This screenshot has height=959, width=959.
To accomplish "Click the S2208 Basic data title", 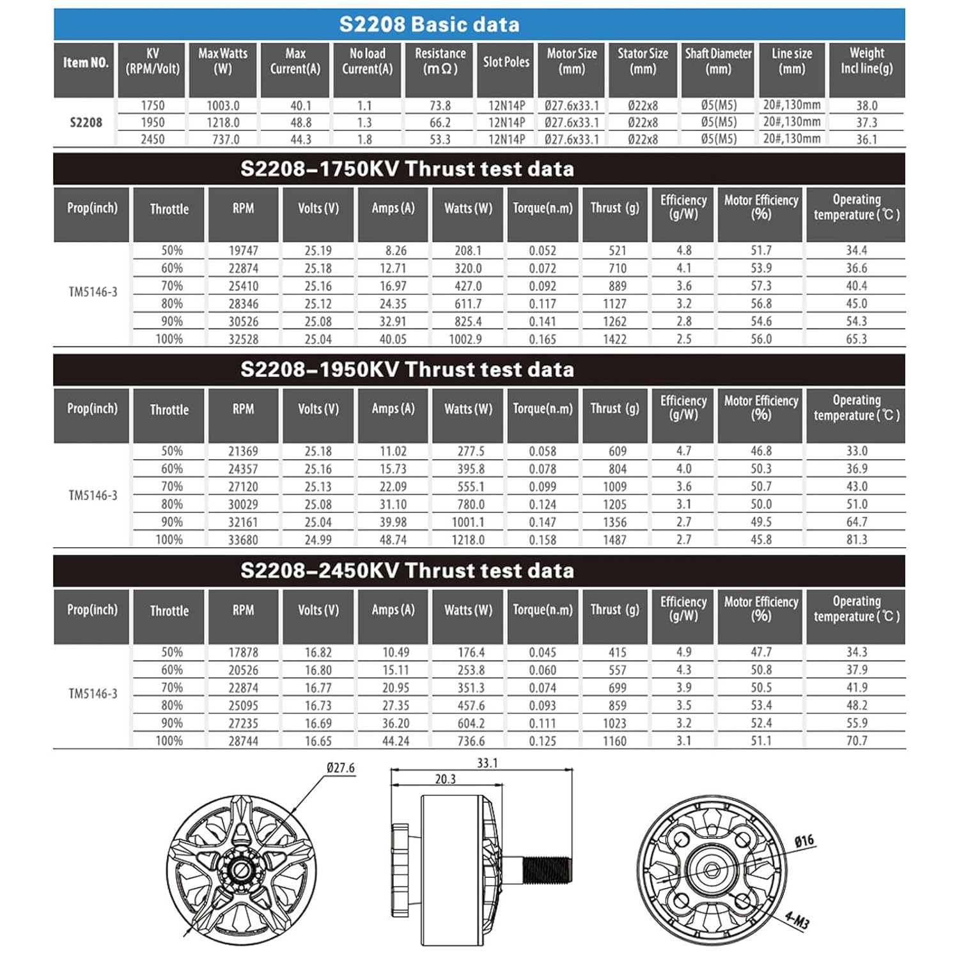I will (x=429, y=24).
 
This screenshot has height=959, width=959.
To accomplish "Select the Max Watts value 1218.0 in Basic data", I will (x=222, y=122).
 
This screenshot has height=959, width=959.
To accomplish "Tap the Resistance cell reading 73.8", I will (x=440, y=105).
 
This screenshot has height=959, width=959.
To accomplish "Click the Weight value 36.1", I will (x=866, y=139).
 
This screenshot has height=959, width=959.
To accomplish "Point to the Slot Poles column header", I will (x=506, y=62).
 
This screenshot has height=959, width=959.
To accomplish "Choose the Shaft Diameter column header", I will (x=718, y=61).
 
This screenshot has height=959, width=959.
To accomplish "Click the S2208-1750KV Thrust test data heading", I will (x=407, y=169).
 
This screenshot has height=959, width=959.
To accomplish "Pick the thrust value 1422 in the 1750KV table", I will (x=614, y=339).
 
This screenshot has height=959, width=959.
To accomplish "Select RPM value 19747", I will (x=243, y=251).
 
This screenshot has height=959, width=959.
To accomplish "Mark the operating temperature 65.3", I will (x=856, y=339).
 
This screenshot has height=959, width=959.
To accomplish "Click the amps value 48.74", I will (x=393, y=540).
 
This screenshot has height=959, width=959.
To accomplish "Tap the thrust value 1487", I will (x=614, y=540).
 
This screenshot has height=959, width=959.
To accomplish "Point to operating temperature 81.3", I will (x=856, y=540).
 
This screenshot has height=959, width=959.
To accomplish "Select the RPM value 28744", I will (x=243, y=741).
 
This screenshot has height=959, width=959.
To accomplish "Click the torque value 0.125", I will (x=542, y=741).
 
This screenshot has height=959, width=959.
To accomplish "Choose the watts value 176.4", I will (x=471, y=652).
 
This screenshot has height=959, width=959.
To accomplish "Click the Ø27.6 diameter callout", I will (x=340, y=768).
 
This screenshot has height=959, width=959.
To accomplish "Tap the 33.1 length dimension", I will (x=487, y=763).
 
